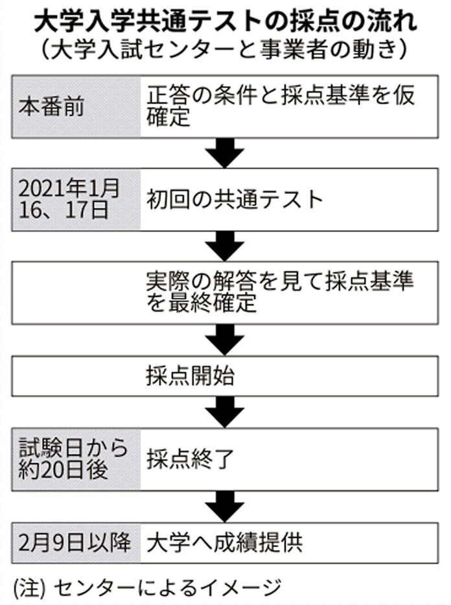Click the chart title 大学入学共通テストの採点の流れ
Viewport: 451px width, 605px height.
pyautogui.click(x=225, y=19)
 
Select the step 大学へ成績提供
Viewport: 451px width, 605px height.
pyautogui.click(x=224, y=541)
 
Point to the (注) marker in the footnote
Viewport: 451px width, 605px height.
pyautogui.click(x=29, y=587)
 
